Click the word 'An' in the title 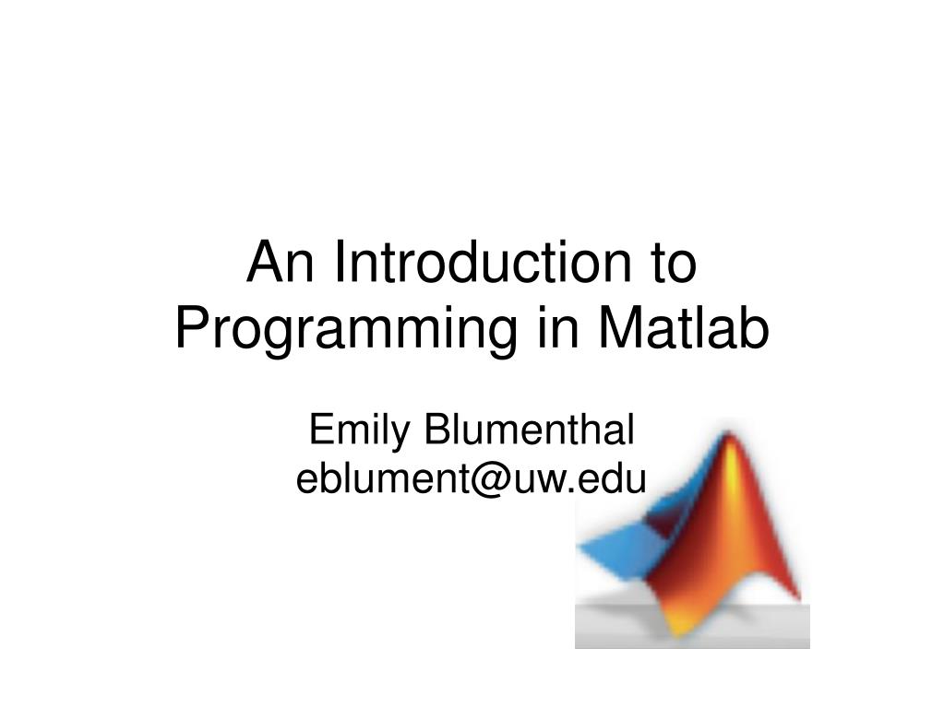point(280,262)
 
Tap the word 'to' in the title point(673,263)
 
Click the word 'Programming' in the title point(346,330)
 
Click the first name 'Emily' point(359,431)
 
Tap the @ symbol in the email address point(492,479)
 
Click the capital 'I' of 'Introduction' point(339,262)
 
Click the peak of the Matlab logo point(728,434)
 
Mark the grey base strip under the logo point(692,629)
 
